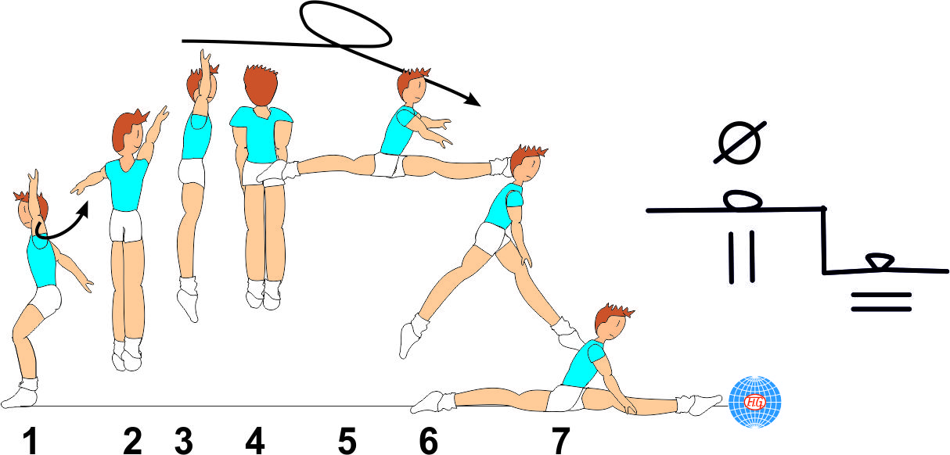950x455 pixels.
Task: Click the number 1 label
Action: click(x=30, y=442)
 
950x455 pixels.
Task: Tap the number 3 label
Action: click(x=184, y=442)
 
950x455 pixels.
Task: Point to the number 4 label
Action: click(x=254, y=442)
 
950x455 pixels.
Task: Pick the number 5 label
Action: click(x=347, y=442)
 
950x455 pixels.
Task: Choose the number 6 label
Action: click(x=428, y=442)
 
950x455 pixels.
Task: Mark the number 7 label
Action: click(x=560, y=442)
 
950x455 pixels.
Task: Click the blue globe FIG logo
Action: click(x=755, y=401)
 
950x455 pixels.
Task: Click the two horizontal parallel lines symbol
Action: click(x=881, y=302)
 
